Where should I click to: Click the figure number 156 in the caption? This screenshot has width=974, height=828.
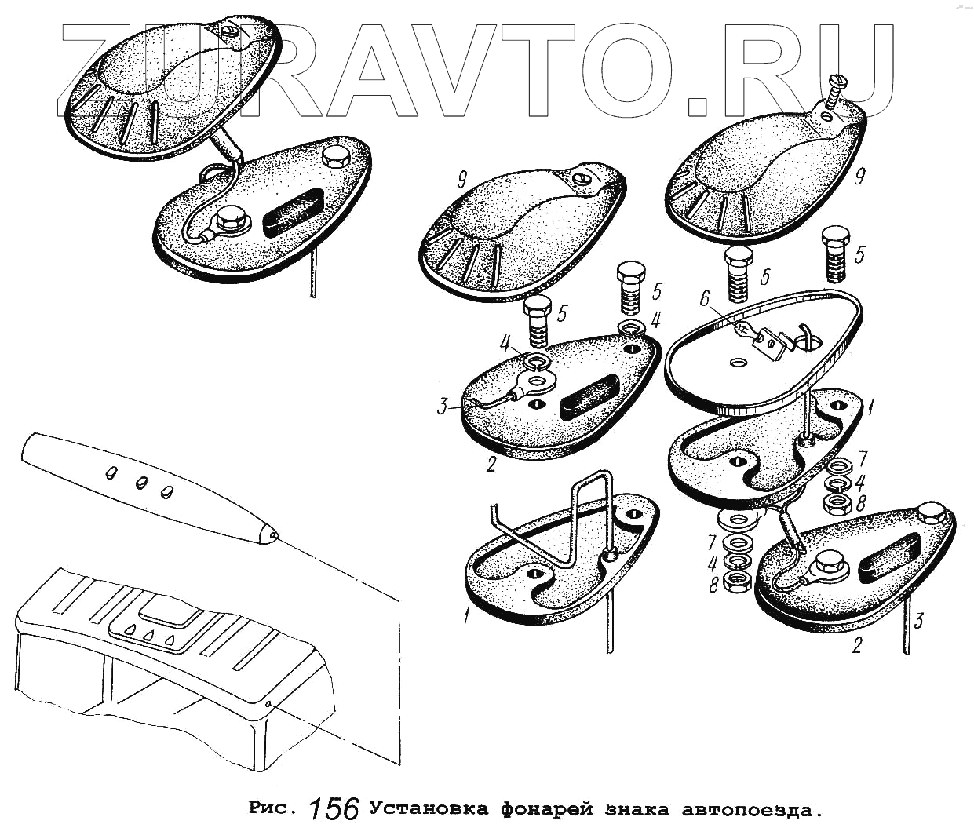(x=335, y=809)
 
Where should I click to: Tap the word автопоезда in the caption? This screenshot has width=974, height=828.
(x=753, y=808)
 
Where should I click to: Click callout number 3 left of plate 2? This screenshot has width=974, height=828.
(x=443, y=407)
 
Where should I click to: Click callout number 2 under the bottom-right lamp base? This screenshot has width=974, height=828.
(x=857, y=646)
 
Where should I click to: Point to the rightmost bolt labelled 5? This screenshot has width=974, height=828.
(x=834, y=257)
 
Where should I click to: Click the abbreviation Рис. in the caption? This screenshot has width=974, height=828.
(x=274, y=808)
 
